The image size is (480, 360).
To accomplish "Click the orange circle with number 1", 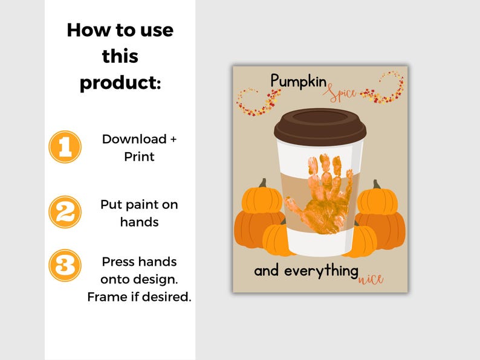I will (65, 147).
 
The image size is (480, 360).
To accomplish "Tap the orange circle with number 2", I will (65, 211).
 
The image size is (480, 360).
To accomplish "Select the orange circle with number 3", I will (65, 265).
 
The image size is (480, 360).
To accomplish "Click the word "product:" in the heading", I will (120, 82).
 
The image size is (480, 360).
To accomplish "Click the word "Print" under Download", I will (139, 156).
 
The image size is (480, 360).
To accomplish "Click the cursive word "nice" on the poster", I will (371, 280).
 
